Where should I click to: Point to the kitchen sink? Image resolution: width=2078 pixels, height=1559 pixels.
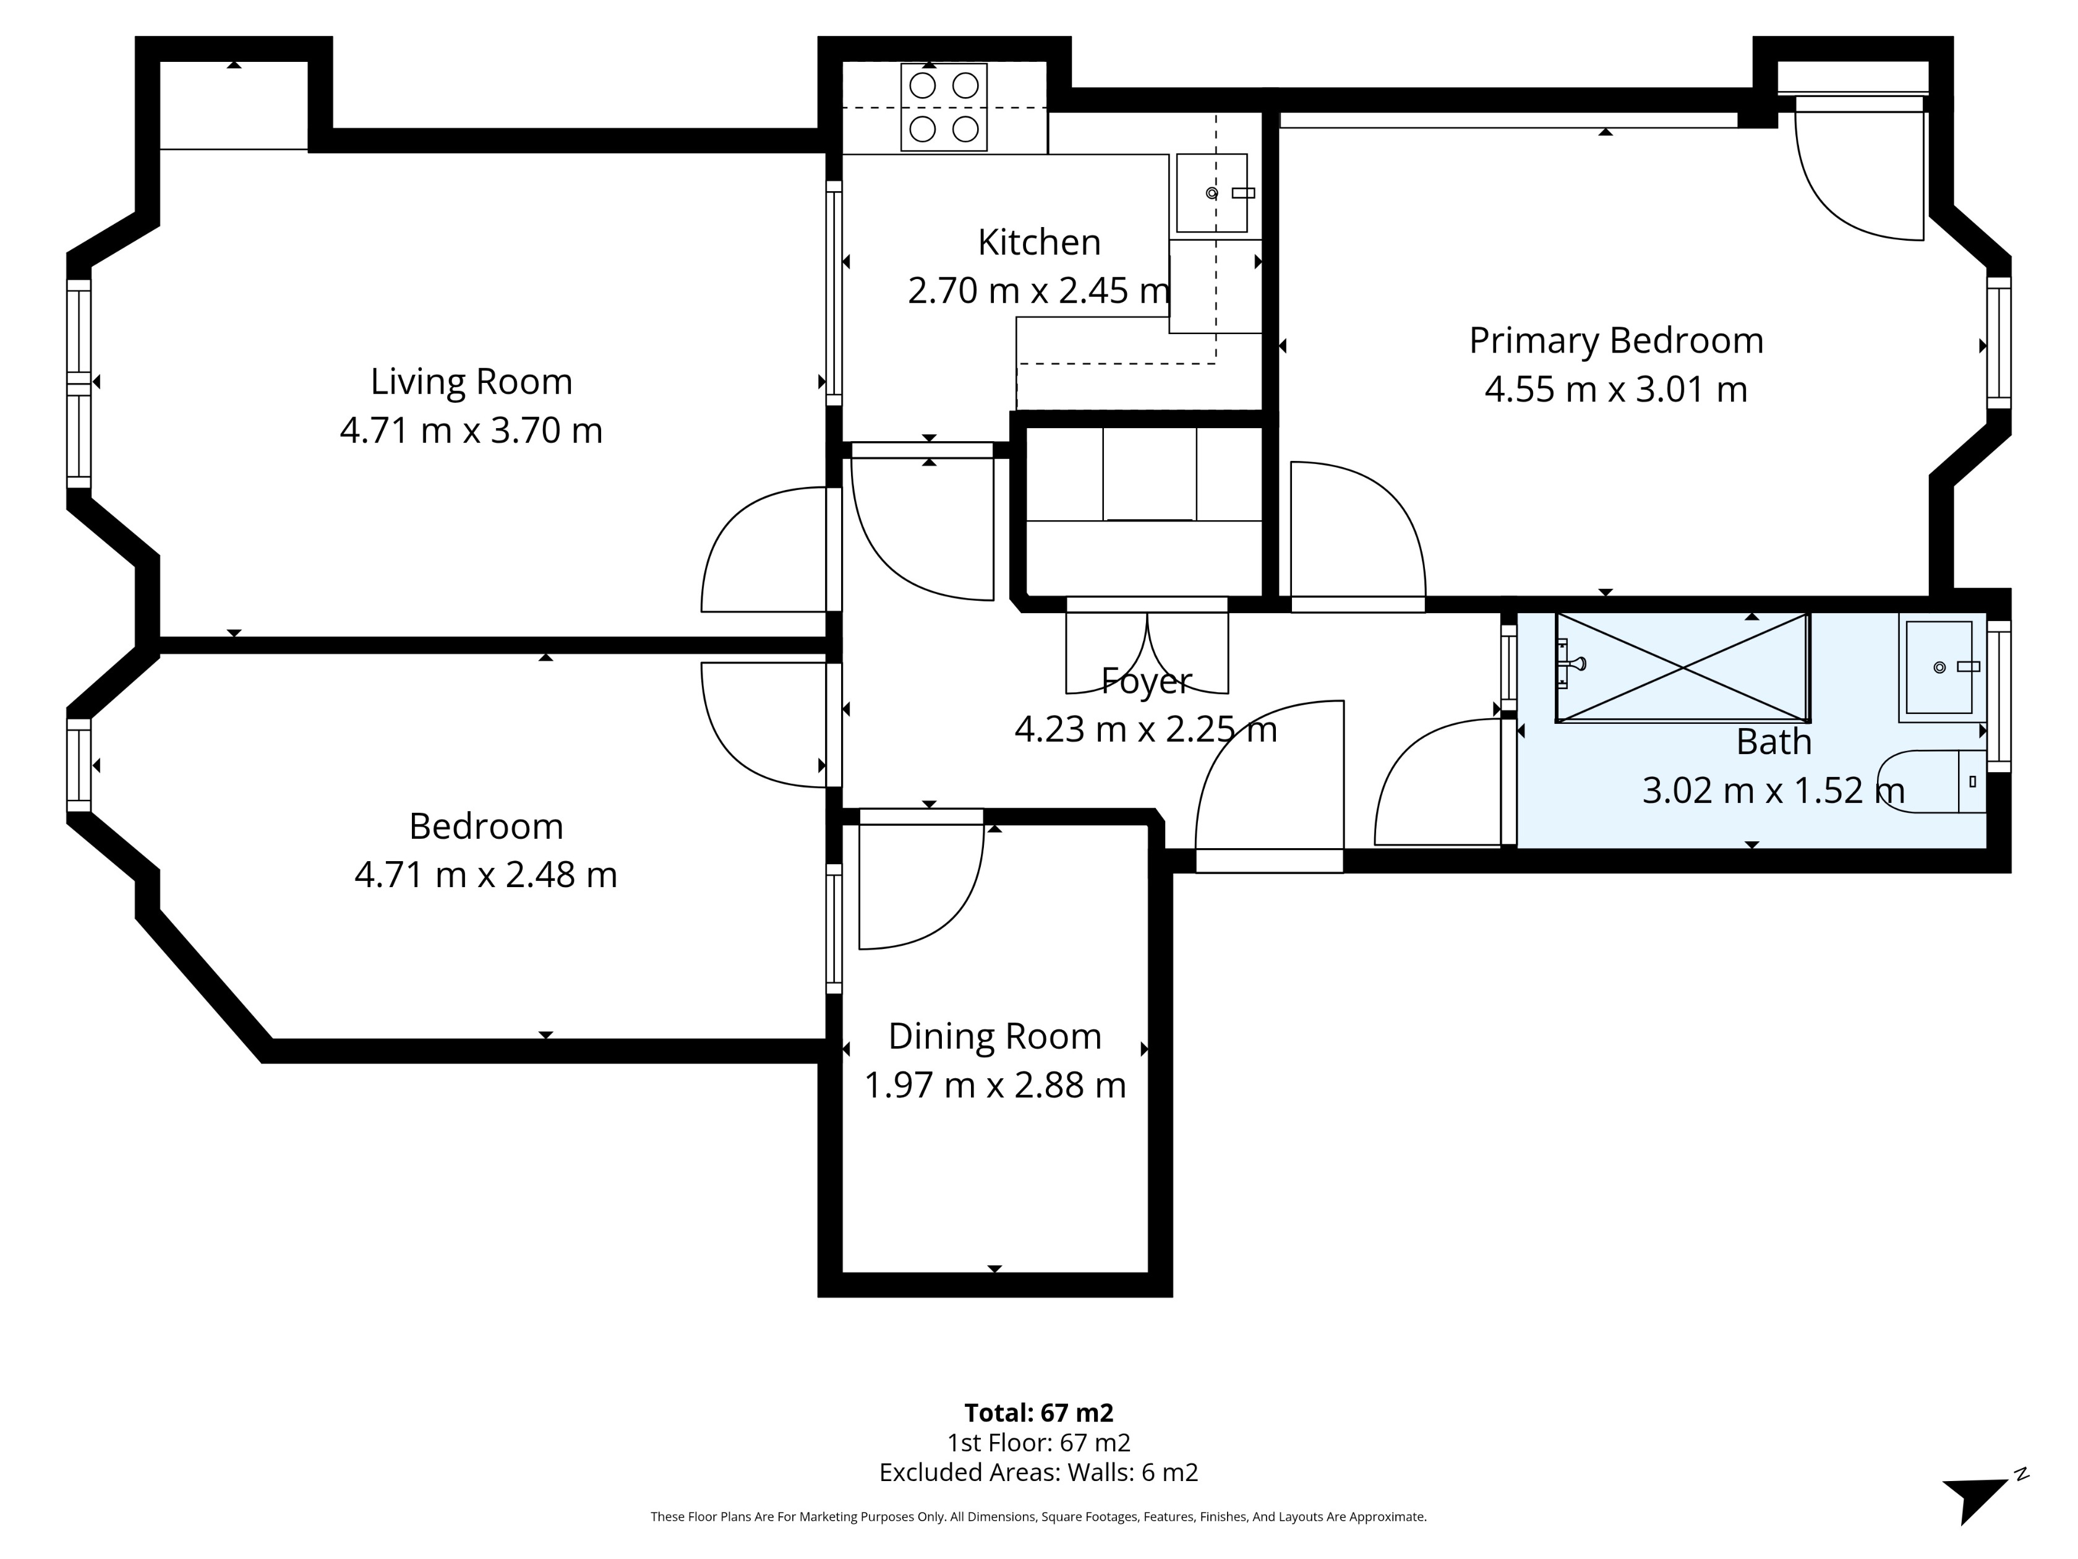1211,192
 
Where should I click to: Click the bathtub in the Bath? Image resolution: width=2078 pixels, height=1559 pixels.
1682,667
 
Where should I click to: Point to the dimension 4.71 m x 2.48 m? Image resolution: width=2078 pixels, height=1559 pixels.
485,875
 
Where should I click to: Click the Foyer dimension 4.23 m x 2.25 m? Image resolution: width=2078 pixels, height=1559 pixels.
1145,729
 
